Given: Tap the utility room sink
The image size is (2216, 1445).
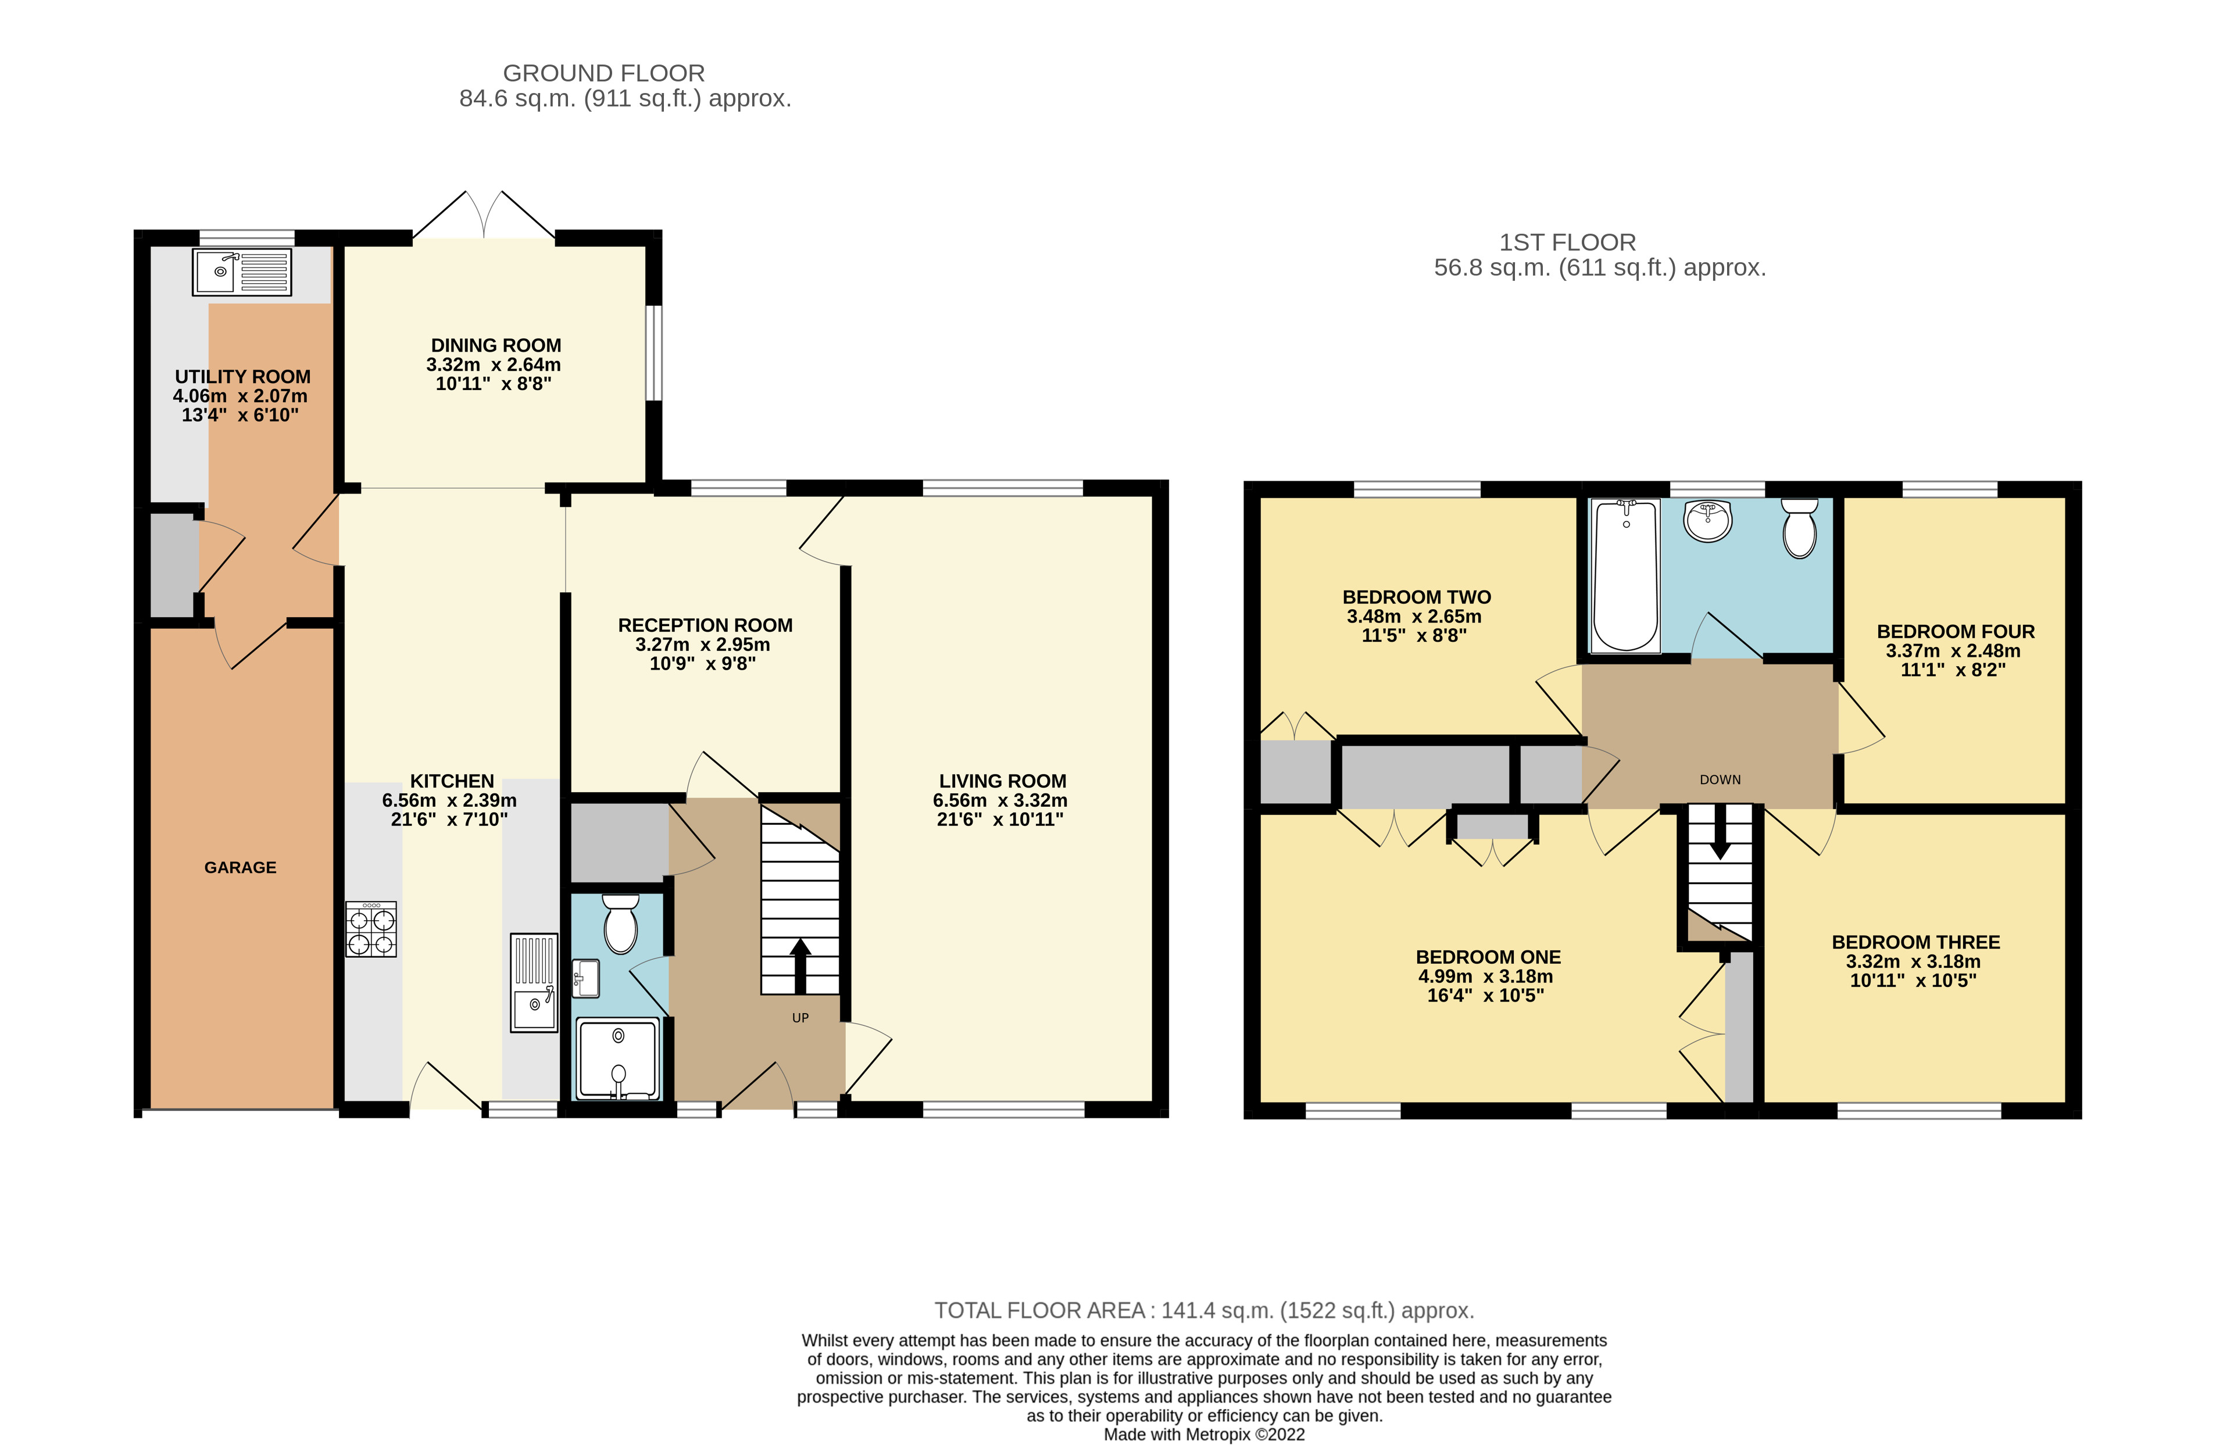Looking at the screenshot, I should coord(242,271).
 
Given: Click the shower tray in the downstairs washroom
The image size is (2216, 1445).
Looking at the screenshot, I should coord(617,1058).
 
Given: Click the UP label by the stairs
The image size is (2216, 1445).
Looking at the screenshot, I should coord(800,1018).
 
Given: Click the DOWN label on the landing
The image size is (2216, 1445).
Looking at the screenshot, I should coord(1720,779).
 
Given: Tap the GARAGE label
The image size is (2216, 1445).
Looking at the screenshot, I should coord(240,867).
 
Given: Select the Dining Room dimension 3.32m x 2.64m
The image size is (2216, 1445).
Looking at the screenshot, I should coord(494,364).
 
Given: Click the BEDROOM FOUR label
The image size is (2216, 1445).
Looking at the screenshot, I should coord(1956,631).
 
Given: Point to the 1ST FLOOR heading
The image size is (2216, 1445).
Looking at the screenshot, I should coord(1567,242).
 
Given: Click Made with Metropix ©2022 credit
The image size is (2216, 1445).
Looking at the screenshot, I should coord(1204,1434).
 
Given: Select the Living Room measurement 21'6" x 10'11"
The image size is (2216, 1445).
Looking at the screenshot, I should coord(1000,820).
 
